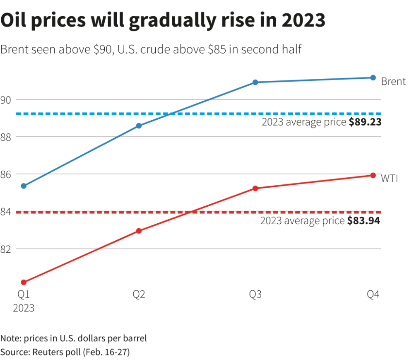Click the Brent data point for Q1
click(24, 186)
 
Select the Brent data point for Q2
click(139, 126)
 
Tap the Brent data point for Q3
click(255, 82)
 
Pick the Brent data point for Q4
click(373, 77)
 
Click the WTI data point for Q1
click(24, 282)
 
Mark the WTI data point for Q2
click(139, 231)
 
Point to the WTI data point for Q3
click(255, 188)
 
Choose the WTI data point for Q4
click(373, 175)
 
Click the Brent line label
click(393, 81)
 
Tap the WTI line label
click(390, 178)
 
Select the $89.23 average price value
click(365, 122)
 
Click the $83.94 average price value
click(363, 221)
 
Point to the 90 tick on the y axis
click(7, 99)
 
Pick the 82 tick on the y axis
click(7, 249)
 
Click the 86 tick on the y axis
click(7, 174)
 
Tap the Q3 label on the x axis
click(255, 295)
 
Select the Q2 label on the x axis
click(139, 295)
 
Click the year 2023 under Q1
click(24, 308)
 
